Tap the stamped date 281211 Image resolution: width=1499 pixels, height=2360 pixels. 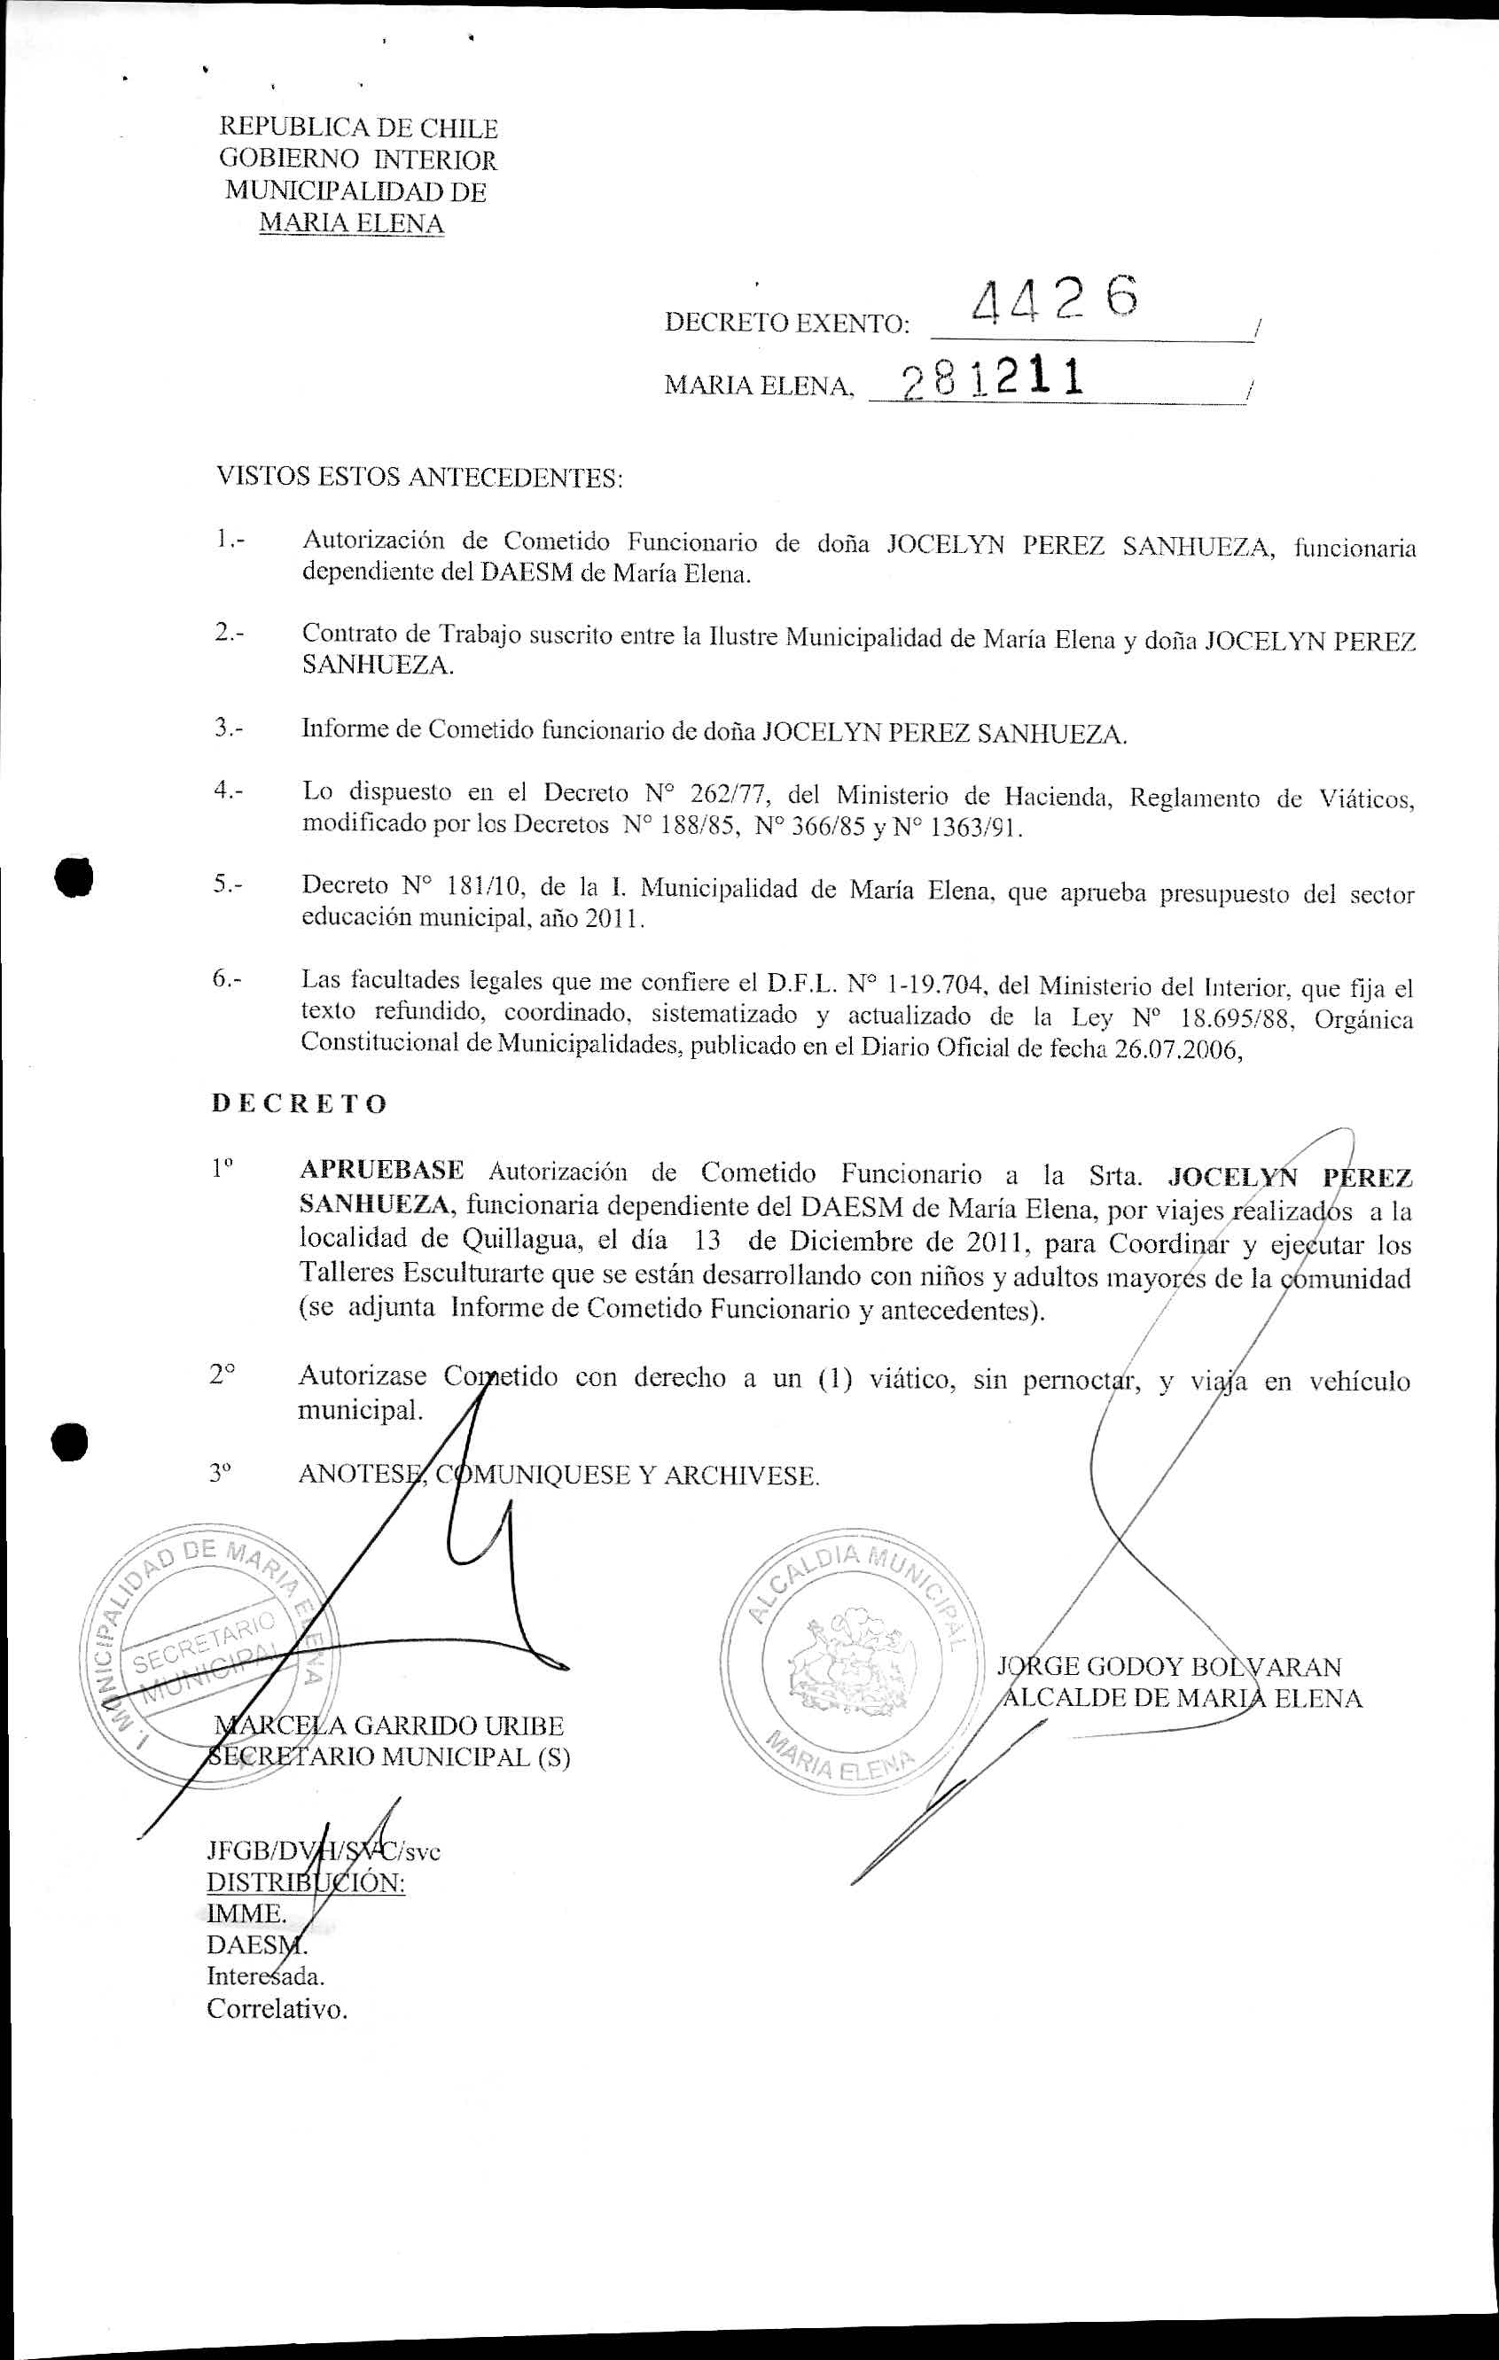tap(992, 378)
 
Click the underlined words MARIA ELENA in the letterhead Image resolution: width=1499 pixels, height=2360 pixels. tap(351, 223)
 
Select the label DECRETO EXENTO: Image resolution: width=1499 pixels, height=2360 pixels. tap(787, 323)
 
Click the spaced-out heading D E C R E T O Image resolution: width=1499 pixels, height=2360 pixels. tap(299, 1103)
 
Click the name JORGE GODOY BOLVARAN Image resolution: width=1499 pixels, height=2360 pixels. tap(1168, 1666)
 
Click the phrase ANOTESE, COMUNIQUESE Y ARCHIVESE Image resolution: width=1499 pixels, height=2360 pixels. tap(558, 1475)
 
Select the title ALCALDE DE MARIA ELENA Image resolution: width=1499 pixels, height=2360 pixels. tap(1181, 1699)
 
